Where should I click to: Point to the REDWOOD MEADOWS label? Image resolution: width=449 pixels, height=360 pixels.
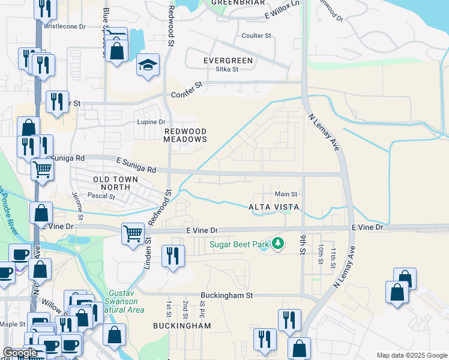185,135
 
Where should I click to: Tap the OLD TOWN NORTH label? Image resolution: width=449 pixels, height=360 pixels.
115,183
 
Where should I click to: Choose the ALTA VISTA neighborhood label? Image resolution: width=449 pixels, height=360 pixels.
273,207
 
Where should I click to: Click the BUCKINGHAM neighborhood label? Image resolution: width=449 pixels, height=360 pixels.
182,326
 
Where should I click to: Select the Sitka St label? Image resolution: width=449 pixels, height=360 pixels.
227,70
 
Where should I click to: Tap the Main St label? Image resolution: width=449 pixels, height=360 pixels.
286,194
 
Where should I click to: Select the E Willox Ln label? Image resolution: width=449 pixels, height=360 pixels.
281,8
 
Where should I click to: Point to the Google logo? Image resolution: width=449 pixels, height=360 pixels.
20,353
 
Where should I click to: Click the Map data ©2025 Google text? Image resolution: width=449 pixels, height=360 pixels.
411,355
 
